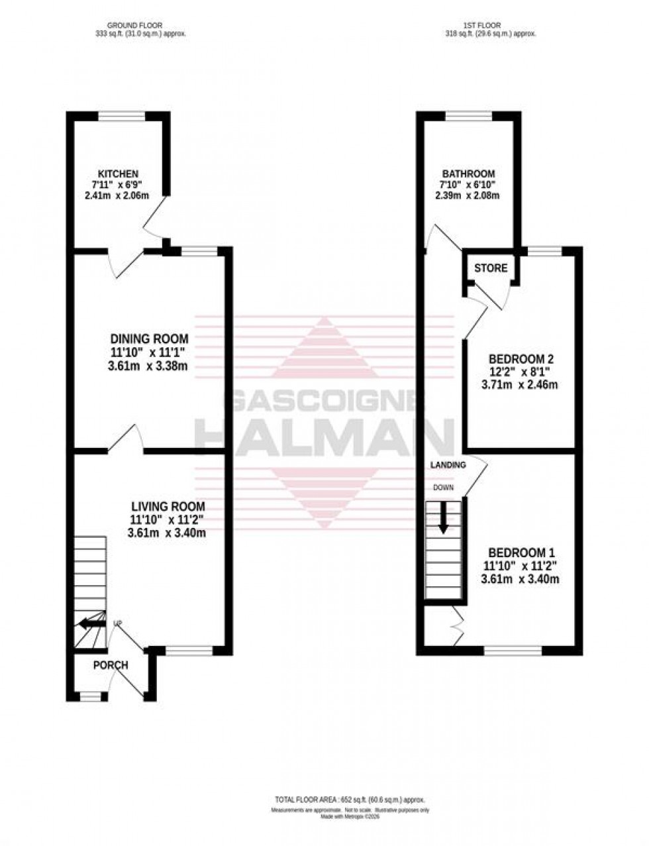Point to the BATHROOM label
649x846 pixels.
pos(468,174)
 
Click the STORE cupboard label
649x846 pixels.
pos(491,268)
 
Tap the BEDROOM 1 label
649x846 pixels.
pos(522,553)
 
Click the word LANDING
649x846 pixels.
pos(448,465)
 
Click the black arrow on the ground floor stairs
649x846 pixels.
pos(91,623)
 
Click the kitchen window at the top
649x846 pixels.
pos(121,117)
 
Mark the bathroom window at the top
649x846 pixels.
pos(468,117)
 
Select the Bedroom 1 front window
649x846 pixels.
pos(513,651)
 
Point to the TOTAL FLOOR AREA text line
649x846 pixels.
pos(350,800)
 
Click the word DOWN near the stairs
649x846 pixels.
pos(443,488)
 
